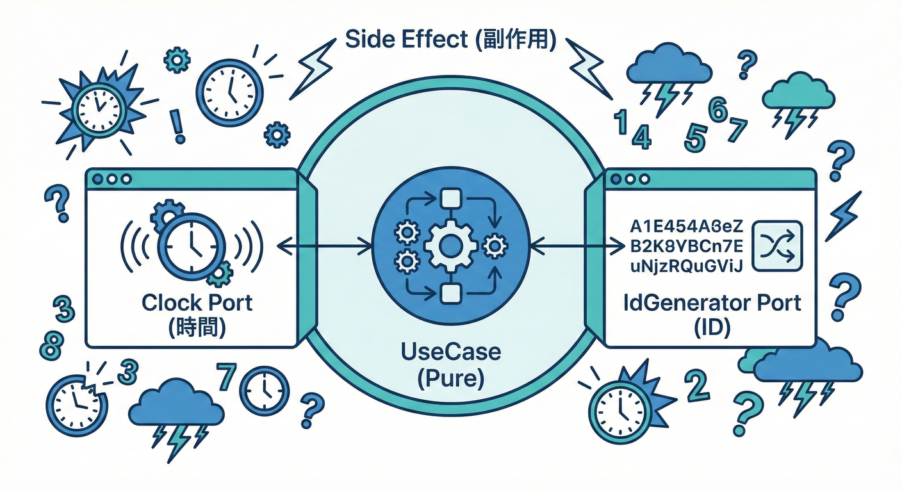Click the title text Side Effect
tap(405, 40)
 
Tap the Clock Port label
tap(197, 302)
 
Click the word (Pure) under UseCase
tap(450, 379)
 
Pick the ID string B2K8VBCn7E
tap(686, 246)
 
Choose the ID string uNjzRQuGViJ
tap(686, 266)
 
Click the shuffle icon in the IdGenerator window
tap(776, 246)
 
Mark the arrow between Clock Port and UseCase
tap(325, 245)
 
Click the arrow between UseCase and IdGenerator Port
tap(577, 245)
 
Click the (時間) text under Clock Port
tap(197, 328)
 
